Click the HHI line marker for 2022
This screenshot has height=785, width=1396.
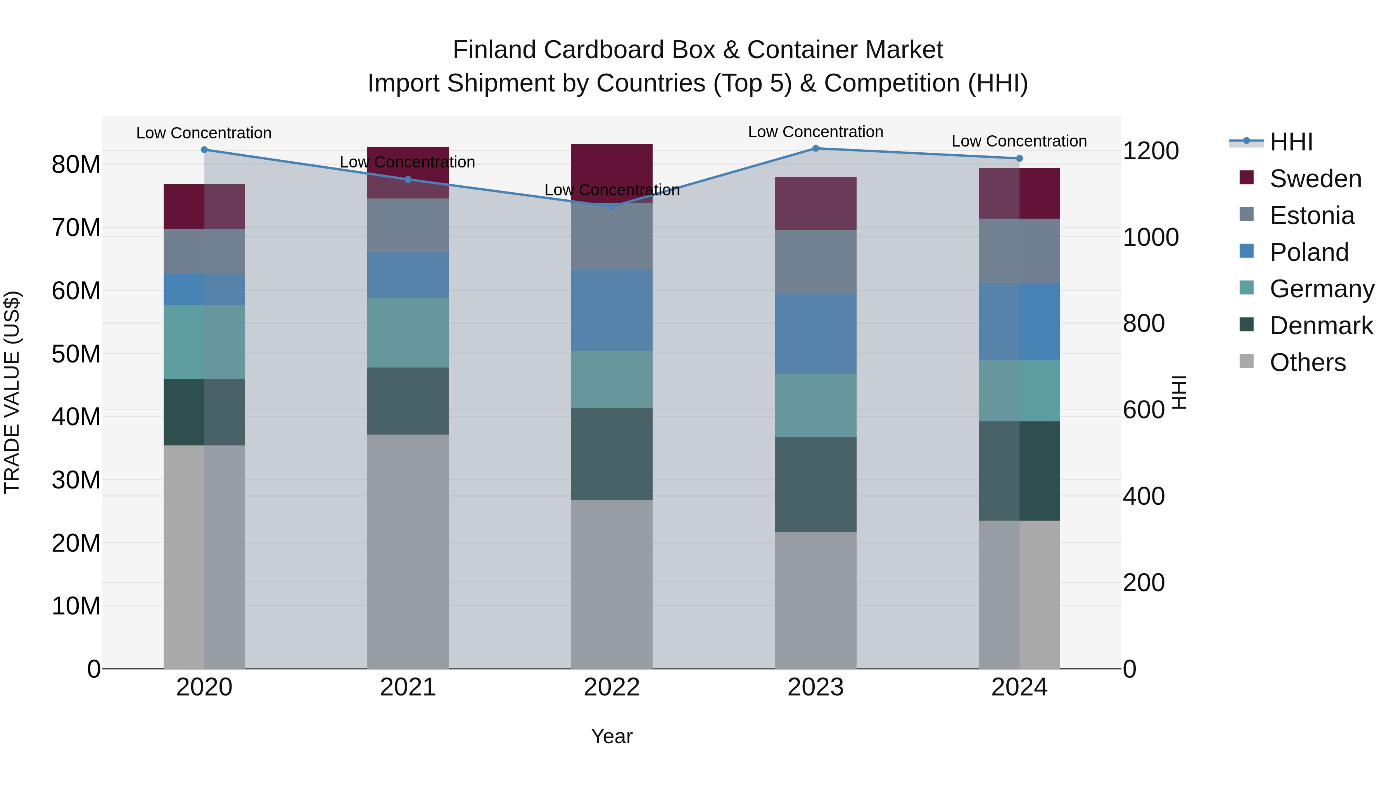coord(612,206)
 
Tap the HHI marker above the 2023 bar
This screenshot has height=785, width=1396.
coord(815,148)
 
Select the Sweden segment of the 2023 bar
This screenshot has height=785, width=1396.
coord(815,203)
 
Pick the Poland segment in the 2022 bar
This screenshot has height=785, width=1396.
coord(612,311)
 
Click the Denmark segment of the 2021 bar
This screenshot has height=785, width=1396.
coord(408,401)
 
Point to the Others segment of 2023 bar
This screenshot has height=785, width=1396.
coord(815,600)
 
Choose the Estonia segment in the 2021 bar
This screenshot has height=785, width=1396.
coord(408,225)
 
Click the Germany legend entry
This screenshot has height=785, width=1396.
coord(1322,289)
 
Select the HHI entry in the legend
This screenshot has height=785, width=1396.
coord(1291,142)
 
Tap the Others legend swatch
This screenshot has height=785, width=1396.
coord(1246,361)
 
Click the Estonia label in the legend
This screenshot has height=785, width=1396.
coord(1312,216)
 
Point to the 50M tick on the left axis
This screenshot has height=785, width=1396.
coord(76,354)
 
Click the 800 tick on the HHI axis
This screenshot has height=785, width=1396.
coord(1144,323)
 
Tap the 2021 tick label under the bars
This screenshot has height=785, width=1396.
coord(408,687)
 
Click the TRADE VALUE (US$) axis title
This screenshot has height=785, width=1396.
coord(12,392)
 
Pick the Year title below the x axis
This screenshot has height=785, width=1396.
coord(612,736)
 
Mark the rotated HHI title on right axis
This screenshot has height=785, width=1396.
coord(1179,392)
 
